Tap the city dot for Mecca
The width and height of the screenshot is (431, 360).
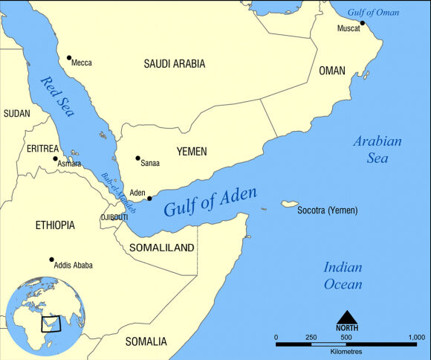[69, 57]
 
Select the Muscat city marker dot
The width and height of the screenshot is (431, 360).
[363, 23]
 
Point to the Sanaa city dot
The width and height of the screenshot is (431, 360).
[137, 158]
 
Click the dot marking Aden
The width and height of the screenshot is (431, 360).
[149, 199]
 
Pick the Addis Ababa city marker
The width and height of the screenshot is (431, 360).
[51, 260]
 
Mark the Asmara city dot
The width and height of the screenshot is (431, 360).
[55, 158]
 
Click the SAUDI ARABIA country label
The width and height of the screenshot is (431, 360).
[174, 64]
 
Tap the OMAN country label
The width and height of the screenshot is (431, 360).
[332, 71]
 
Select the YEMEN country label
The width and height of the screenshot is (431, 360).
[191, 152]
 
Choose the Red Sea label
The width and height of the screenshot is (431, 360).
[57, 94]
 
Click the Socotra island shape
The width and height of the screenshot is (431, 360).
[289, 204]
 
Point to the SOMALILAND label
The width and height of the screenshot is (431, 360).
[161, 248]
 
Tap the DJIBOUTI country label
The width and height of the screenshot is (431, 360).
[114, 217]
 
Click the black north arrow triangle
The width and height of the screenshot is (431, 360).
[346, 318]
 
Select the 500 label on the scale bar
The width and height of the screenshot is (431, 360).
[346, 338]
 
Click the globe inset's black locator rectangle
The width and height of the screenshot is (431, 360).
[51, 324]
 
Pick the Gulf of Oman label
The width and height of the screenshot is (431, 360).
[374, 12]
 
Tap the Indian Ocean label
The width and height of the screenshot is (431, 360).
[343, 276]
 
